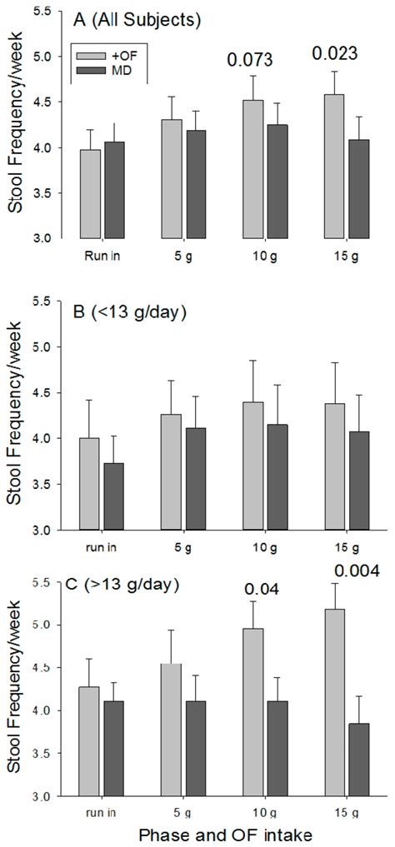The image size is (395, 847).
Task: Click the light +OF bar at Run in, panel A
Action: (90, 193)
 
